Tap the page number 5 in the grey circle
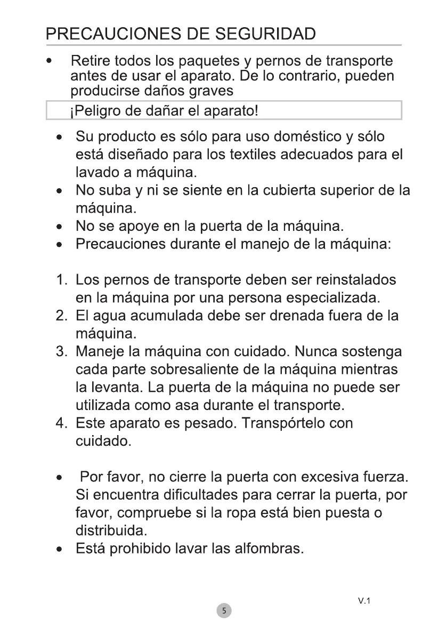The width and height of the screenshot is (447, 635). pos(224,610)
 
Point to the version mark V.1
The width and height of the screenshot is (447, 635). pos(364,601)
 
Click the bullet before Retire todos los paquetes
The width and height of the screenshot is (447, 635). pos(49,60)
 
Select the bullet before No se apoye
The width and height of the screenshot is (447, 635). pos(63,228)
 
